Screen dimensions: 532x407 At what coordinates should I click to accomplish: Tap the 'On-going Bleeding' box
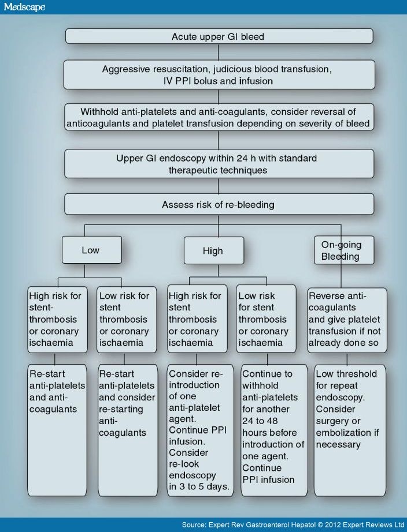[x=344, y=250]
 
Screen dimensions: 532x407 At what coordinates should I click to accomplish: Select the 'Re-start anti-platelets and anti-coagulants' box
[x=57, y=429]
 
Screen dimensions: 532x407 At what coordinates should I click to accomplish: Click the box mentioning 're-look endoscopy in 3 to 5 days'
[x=200, y=429]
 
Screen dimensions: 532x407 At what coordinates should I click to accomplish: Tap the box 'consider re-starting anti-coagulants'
[x=128, y=429]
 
